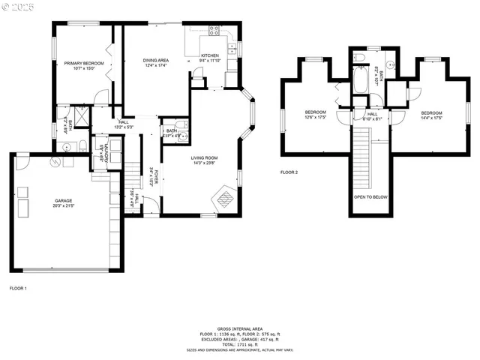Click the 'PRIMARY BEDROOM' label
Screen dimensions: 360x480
point(82,63)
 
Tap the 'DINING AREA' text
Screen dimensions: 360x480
point(154,59)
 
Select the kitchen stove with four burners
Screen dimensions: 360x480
point(214,31)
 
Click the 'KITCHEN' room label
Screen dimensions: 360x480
point(209,55)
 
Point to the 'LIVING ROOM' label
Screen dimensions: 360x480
point(202,157)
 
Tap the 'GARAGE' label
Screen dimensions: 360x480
point(63,200)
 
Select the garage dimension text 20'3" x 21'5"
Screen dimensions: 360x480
point(63,205)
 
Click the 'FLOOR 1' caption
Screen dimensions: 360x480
point(18,288)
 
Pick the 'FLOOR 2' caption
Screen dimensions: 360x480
point(289,172)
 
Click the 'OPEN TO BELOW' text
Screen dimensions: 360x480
point(370,198)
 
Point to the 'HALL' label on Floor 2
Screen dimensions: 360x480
point(372,113)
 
